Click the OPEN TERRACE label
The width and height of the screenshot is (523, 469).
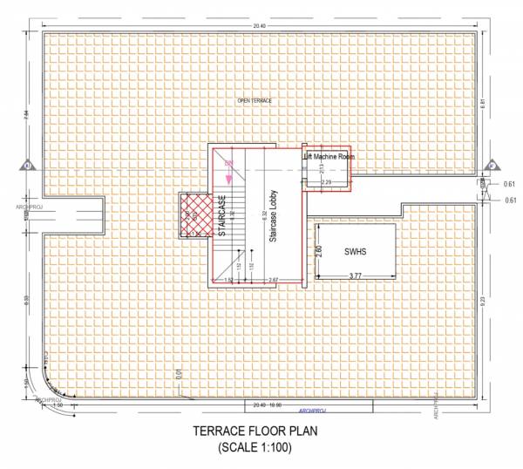(255, 101)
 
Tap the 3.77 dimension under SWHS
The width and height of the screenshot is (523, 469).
(356, 275)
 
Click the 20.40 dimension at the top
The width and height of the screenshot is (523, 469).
(260, 27)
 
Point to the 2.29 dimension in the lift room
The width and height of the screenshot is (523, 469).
(326, 182)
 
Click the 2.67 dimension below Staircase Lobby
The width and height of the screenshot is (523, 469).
(273, 279)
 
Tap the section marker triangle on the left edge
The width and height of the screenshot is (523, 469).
(29, 164)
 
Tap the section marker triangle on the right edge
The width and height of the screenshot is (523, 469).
(491, 164)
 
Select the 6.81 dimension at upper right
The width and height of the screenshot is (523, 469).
(481, 103)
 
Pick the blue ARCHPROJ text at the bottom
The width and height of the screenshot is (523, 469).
(311, 408)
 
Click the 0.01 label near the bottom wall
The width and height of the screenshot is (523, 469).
(177, 376)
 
